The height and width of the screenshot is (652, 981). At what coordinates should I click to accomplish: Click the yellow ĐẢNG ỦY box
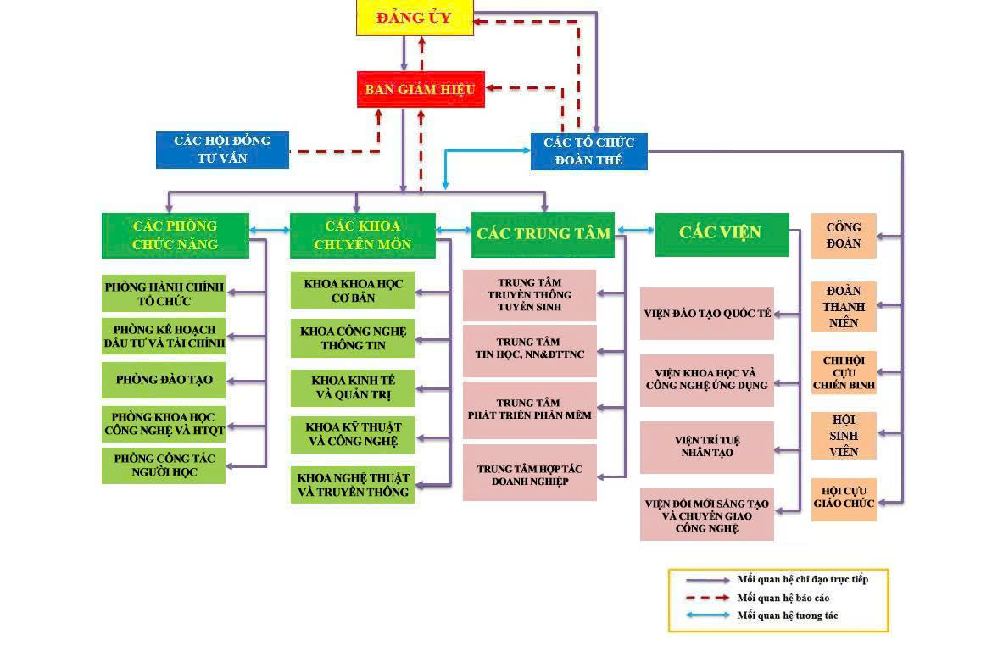[414, 18]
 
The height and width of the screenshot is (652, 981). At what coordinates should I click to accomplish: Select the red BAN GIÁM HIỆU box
[421, 89]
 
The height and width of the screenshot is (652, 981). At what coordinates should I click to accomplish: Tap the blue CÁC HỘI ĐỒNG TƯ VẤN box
[222, 149]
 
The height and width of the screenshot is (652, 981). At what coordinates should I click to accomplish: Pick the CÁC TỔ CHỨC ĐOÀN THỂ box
[588, 152]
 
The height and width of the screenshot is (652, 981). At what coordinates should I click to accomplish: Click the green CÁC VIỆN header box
[722, 233]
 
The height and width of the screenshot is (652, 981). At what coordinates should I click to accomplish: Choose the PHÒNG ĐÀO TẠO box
[164, 380]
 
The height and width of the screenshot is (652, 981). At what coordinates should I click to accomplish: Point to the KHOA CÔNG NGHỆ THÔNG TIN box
[353, 338]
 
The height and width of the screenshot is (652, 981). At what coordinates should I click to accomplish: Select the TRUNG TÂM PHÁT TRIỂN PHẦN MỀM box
[529, 410]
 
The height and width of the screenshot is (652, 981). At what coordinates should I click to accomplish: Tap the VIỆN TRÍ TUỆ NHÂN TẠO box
[706, 447]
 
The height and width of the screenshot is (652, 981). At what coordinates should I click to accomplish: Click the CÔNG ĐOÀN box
[843, 235]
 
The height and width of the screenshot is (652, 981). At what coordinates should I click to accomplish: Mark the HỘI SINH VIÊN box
[843, 436]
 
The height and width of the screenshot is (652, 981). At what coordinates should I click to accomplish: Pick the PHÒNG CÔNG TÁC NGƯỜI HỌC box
[164, 465]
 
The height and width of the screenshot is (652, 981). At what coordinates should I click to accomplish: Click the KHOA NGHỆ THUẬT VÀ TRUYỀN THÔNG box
[353, 485]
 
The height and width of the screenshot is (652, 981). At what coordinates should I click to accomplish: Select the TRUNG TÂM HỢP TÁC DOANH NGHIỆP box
[529, 473]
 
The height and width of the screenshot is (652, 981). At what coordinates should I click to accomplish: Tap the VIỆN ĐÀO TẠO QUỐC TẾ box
[706, 314]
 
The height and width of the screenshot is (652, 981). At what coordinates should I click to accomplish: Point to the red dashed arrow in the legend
[701, 598]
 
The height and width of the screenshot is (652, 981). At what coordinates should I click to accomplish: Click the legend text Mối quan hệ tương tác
[787, 616]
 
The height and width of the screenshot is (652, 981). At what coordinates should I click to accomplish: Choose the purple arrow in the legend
[701, 580]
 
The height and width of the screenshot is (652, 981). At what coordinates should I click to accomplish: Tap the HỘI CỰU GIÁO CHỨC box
[843, 499]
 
